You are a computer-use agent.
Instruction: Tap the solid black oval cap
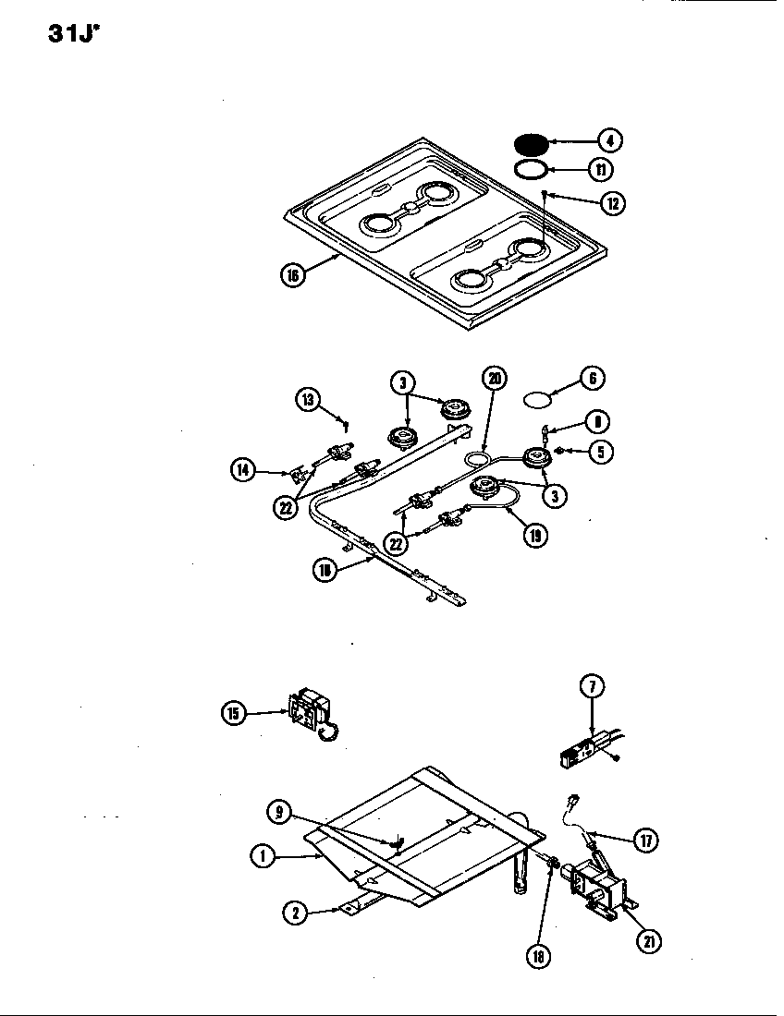pos(530,143)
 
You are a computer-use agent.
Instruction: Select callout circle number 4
pos(608,140)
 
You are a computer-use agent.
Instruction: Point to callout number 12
pos(611,203)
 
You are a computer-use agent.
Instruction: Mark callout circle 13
pos(309,398)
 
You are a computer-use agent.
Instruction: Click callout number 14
pos(243,468)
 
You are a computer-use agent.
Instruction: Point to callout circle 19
pos(533,534)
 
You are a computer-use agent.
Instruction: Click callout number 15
pos(235,713)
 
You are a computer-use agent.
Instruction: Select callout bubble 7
pos(593,686)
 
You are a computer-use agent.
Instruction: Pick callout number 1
pos(263,855)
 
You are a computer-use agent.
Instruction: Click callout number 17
pos(644,841)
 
